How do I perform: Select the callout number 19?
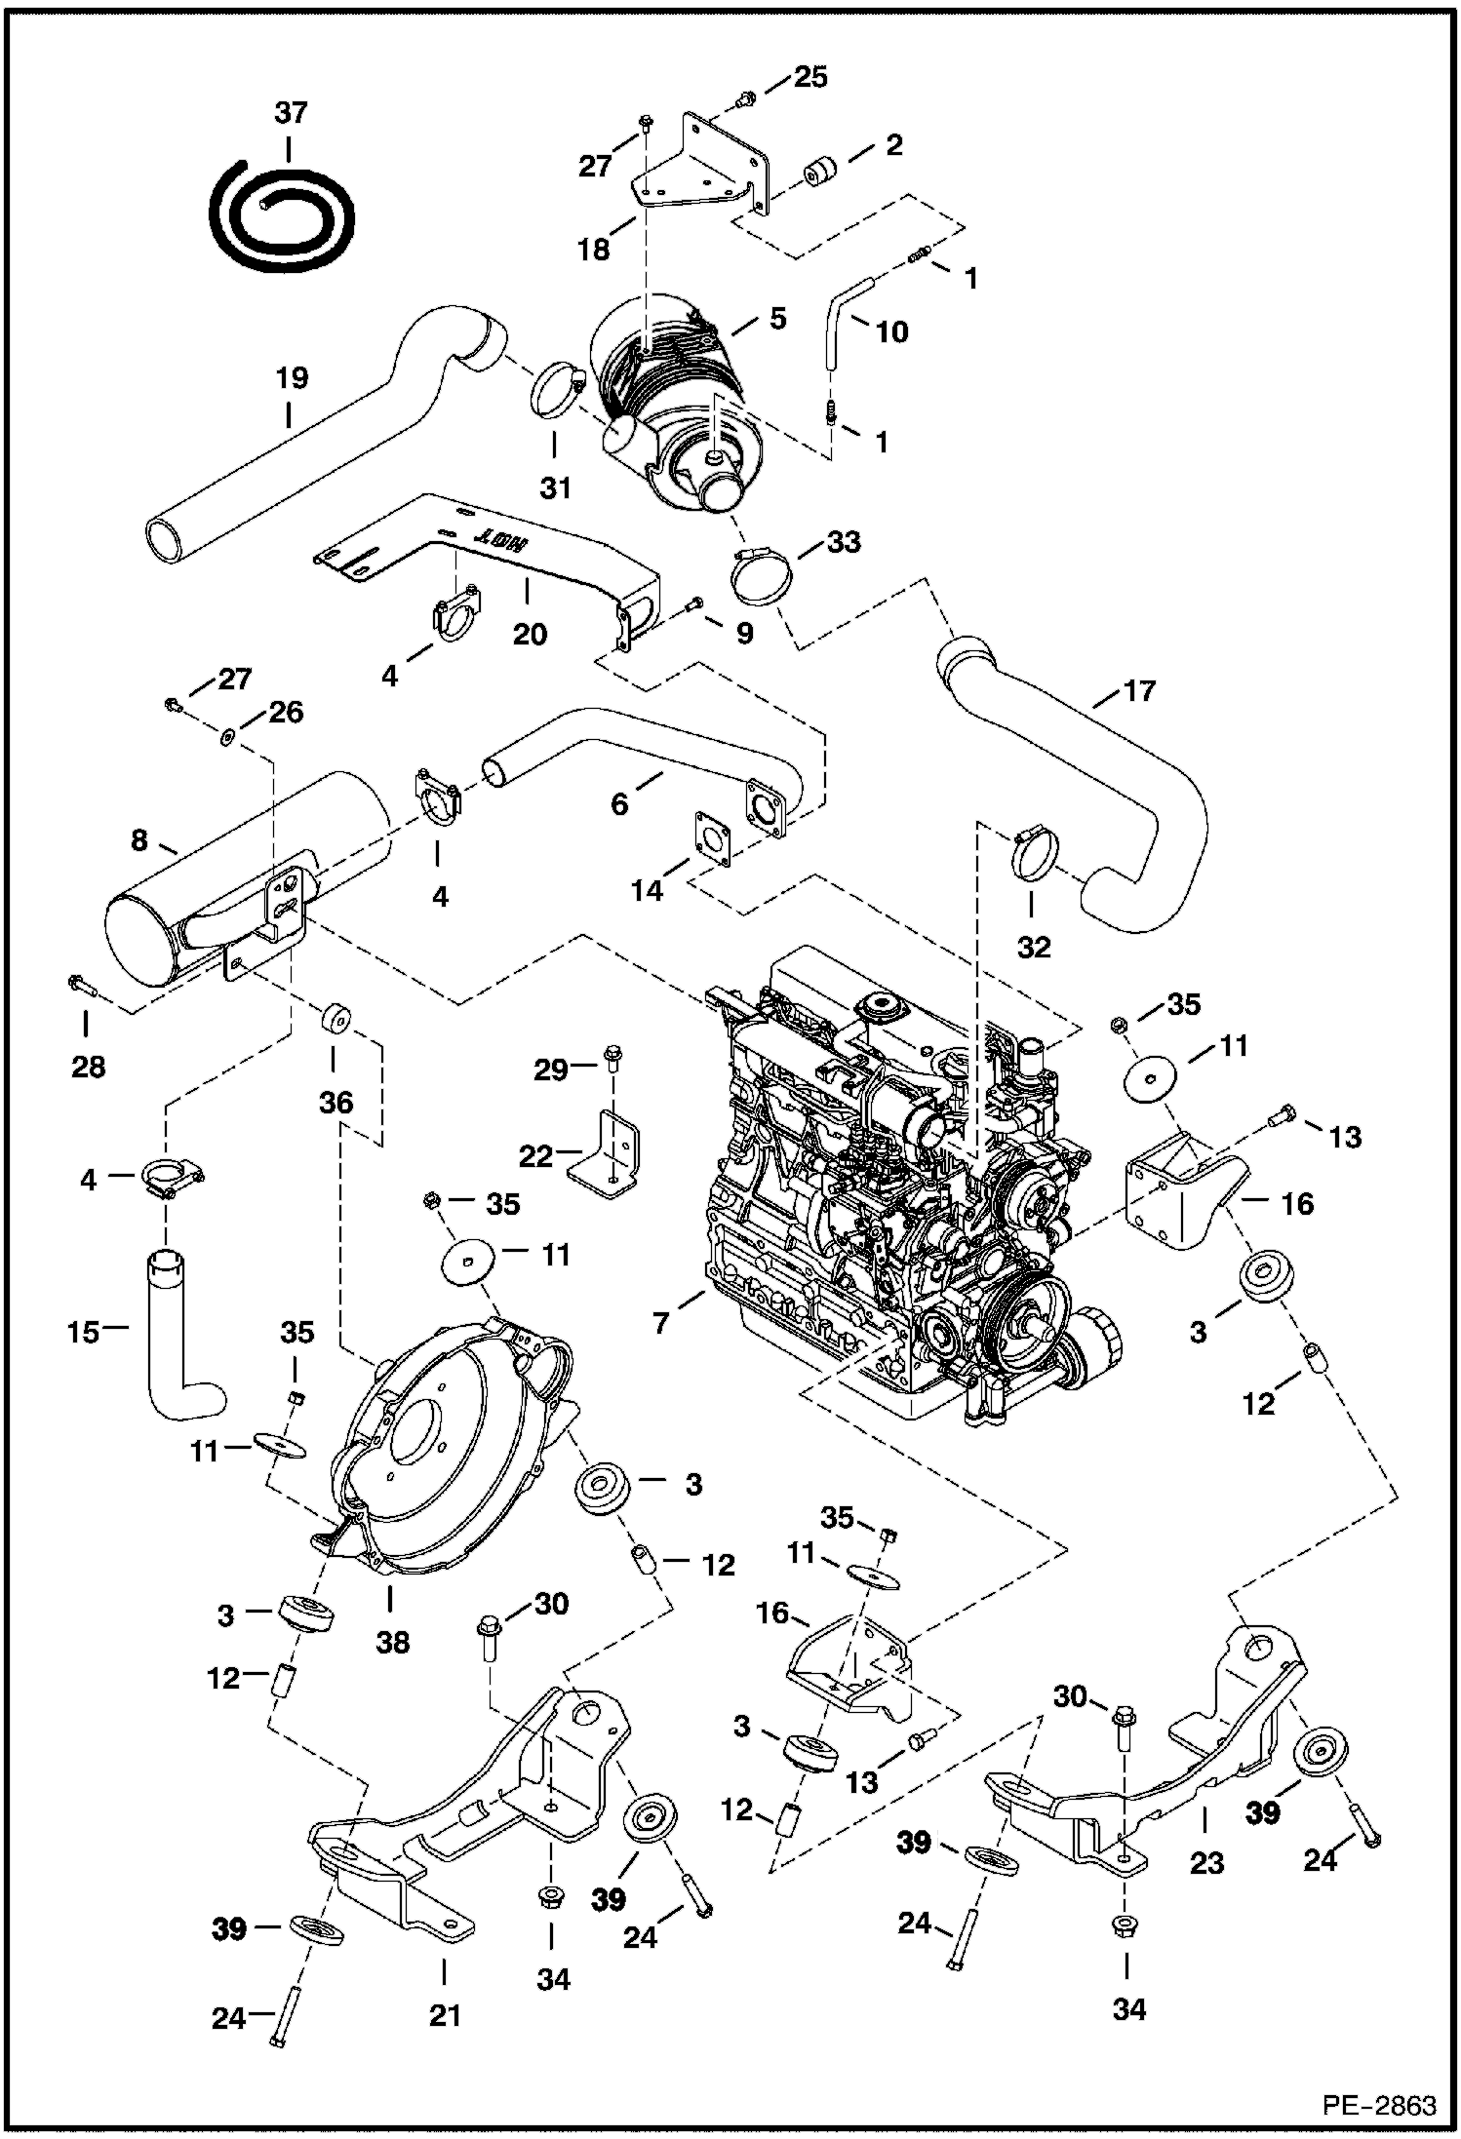pos(291,378)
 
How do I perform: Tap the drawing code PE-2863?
pos(1379,2106)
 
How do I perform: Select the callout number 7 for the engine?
pos(663,1324)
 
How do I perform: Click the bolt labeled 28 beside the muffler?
pos(79,987)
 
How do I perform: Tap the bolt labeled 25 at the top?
pos(745,98)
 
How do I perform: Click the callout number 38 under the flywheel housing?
pos(392,1643)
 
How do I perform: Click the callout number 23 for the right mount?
pos(1206,1863)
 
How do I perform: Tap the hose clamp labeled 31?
pos(557,390)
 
